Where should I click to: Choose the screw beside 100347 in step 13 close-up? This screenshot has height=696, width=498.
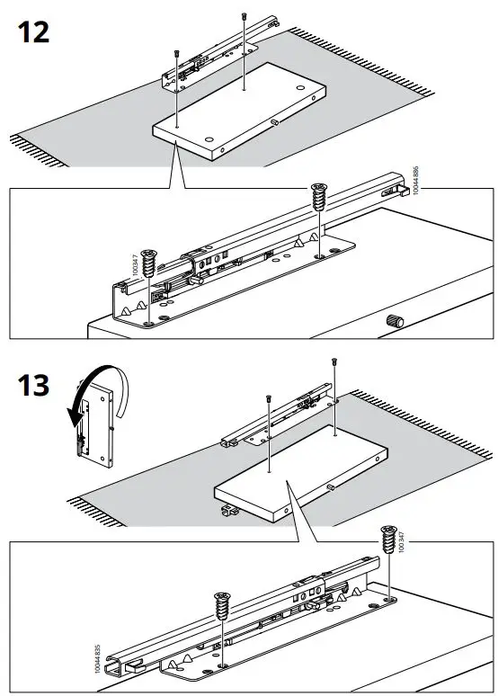(x=387, y=541)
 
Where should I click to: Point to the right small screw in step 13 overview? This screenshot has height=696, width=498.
(x=334, y=361)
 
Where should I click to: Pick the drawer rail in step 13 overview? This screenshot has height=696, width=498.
(x=279, y=419)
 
